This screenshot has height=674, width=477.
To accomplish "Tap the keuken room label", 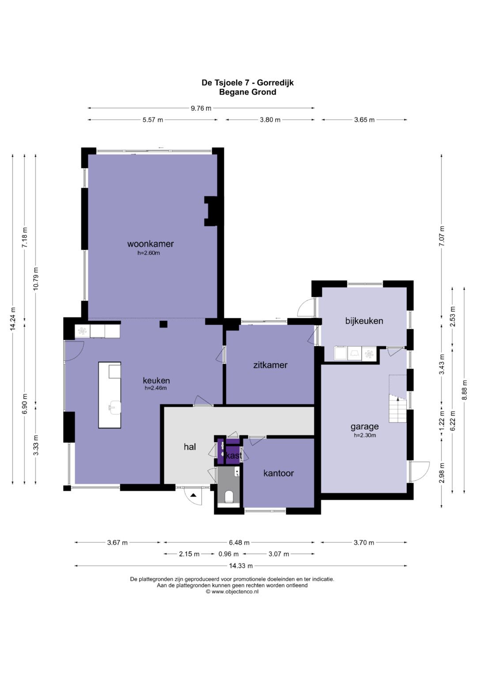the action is click(156, 380).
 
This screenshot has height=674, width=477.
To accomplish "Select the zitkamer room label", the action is click(270, 365).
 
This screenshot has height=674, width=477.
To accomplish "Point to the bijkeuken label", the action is click(364, 321).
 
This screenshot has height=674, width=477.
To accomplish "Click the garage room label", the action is click(364, 427).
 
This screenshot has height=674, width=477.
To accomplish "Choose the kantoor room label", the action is click(278, 473).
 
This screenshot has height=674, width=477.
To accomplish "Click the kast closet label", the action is click(234, 456).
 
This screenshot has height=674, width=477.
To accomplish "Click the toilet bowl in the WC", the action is click(229, 497).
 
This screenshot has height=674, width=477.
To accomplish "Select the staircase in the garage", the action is click(398, 408).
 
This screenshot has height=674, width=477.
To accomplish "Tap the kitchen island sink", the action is click(114, 407).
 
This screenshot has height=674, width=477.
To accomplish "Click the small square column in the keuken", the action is click(163, 324).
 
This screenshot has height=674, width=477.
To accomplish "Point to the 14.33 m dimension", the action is click(241, 566).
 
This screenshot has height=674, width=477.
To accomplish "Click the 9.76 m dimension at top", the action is click(201, 108).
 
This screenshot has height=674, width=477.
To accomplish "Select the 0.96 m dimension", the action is click(228, 554).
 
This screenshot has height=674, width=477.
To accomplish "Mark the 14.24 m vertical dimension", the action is click(13, 319).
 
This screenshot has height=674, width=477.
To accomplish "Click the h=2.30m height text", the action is click(365, 435).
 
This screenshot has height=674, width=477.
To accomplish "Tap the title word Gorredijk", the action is click(275, 83).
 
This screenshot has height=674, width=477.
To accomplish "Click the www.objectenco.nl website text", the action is click(235, 591).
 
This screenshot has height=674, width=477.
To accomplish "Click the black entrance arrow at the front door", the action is click(193, 495).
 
